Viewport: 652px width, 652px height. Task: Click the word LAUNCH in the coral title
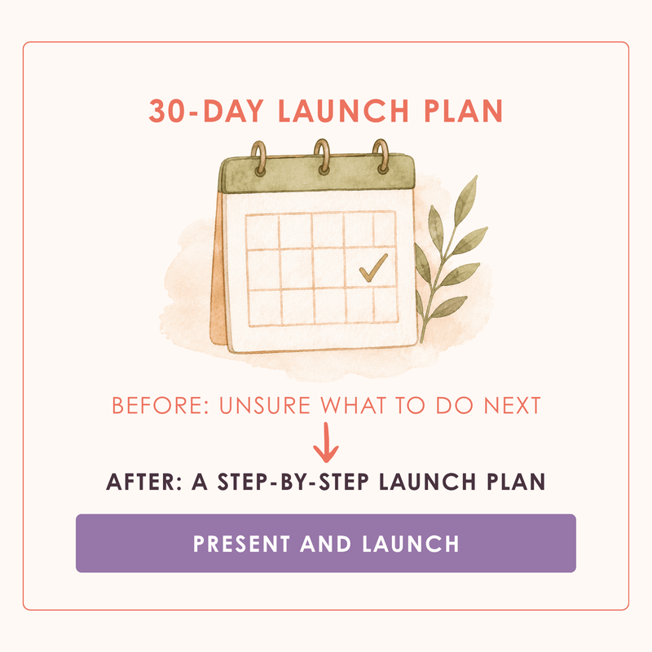coord(343,111)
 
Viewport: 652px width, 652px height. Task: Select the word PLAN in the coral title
coord(463,111)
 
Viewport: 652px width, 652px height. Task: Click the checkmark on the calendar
coord(373,268)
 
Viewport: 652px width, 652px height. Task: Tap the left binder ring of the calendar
coord(259,158)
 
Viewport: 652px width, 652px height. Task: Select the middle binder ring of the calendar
coord(322,156)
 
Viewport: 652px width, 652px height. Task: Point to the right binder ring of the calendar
coord(381,156)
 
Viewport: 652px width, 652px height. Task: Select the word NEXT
coord(513,405)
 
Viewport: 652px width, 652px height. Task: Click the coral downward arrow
coord(327,443)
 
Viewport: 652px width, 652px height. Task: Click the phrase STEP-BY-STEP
coord(293,482)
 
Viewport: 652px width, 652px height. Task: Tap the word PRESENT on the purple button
coord(241,544)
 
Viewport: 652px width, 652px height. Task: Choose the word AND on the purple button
coord(325,544)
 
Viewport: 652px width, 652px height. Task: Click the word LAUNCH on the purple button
coord(411,544)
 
